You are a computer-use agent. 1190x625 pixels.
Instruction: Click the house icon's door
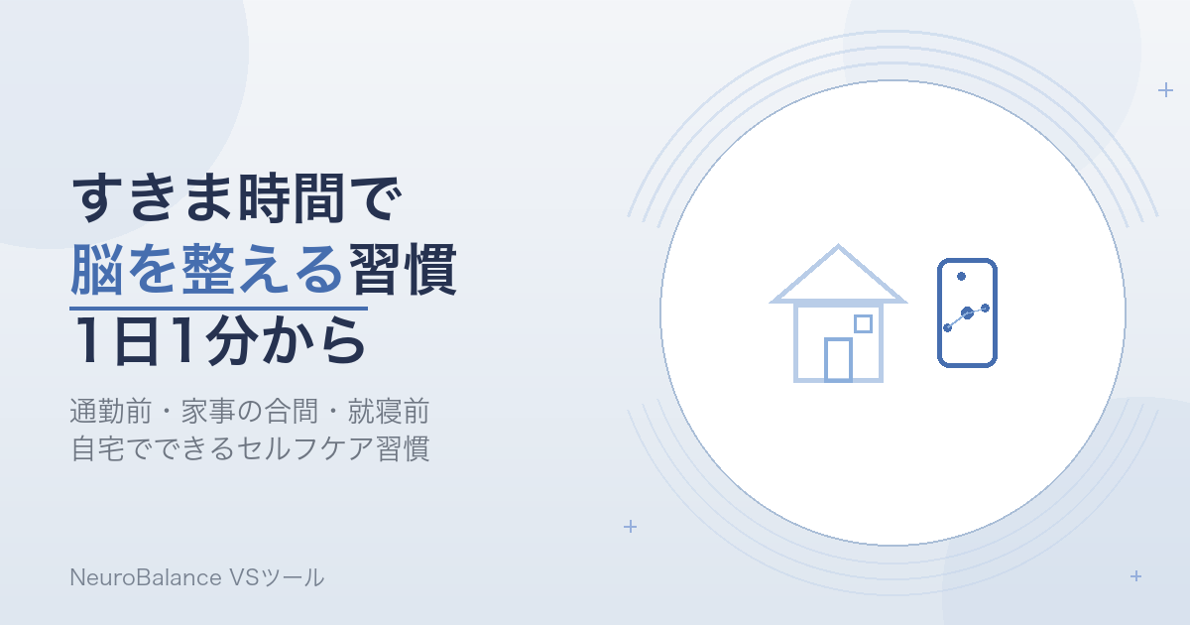[x=838, y=360]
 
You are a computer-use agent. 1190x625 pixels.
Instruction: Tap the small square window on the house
[x=864, y=323]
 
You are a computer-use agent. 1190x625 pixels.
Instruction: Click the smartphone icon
[x=967, y=312]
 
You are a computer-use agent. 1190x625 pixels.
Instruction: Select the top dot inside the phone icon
[x=961, y=277]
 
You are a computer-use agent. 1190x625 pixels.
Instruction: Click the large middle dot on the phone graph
[x=968, y=313]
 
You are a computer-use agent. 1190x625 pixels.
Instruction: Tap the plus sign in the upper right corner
[x=1165, y=90]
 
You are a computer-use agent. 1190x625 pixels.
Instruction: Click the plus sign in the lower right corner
[x=1135, y=576]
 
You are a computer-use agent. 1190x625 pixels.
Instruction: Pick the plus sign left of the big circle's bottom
[x=630, y=526]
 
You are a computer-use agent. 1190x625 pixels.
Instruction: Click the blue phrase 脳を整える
[x=207, y=269]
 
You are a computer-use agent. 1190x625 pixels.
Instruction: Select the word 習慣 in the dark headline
[x=403, y=269]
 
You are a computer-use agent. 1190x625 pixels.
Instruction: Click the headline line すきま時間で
[x=236, y=197]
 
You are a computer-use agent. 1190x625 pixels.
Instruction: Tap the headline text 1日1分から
[x=219, y=340]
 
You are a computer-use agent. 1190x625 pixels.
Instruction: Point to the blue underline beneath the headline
[x=218, y=309]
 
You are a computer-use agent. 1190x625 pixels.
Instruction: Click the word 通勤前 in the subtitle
[x=110, y=412]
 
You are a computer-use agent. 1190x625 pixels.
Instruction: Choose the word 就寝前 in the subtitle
[x=389, y=412]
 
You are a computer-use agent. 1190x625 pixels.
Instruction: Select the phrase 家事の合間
[x=250, y=412]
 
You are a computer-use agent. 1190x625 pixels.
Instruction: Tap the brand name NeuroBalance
[x=146, y=577]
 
